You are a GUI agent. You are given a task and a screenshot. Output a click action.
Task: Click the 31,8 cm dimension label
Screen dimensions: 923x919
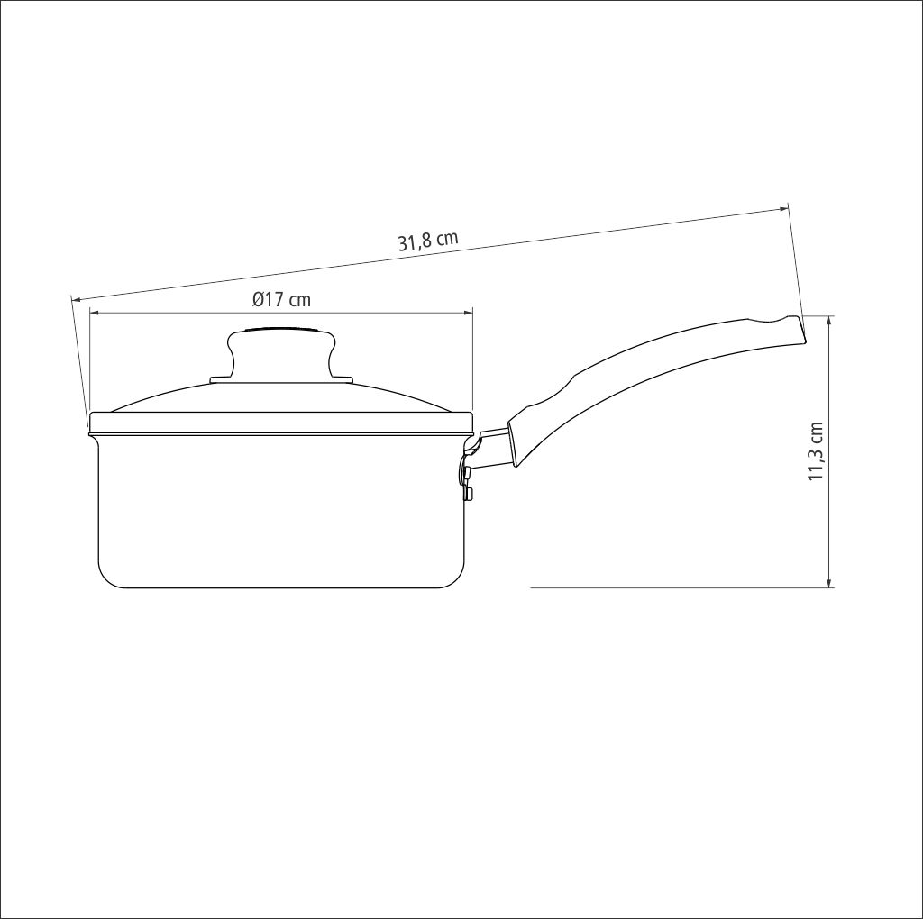pyautogui.click(x=428, y=241)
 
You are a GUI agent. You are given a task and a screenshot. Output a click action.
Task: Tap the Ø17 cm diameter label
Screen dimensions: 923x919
pyautogui.click(x=281, y=299)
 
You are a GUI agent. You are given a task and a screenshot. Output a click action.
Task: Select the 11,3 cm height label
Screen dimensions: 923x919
pyautogui.click(x=815, y=451)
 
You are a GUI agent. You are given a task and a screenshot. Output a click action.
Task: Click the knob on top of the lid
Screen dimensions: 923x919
pyautogui.click(x=282, y=352)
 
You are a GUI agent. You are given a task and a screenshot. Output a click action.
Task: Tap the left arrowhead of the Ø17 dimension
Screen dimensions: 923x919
pyautogui.click(x=94, y=313)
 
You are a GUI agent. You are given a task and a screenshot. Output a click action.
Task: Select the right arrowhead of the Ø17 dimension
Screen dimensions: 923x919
pyautogui.click(x=468, y=313)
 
